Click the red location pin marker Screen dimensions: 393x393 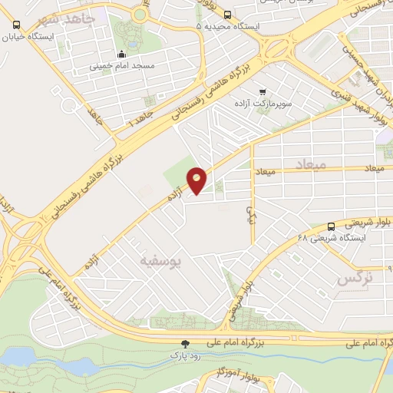[x=197, y=180]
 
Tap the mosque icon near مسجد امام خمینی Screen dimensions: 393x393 [x=121, y=54]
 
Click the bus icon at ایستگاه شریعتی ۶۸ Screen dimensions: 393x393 [x=331, y=226]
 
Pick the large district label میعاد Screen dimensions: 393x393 [x=310, y=165]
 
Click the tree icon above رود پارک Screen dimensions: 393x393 [x=184, y=345]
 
